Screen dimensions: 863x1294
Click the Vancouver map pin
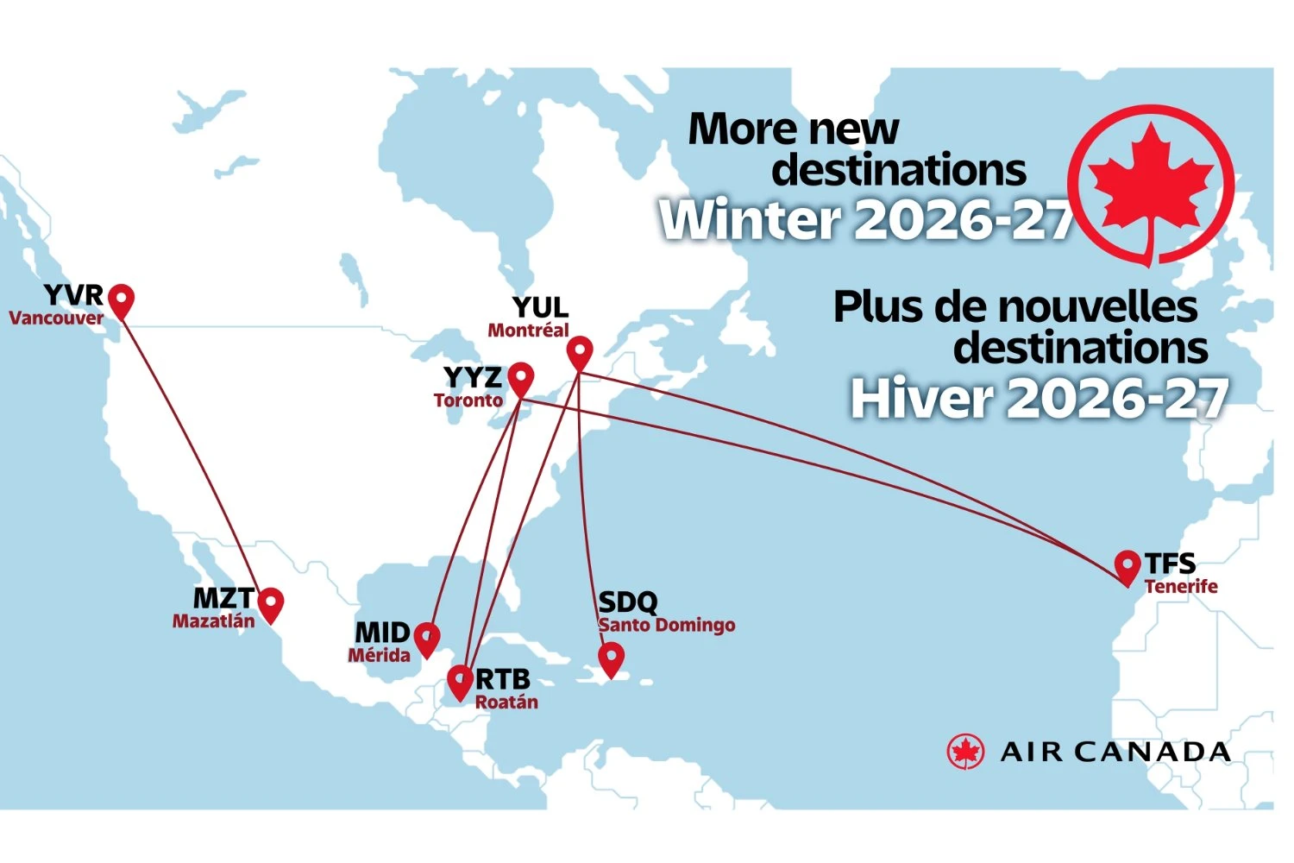[122, 299]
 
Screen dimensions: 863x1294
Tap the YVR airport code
[73, 295]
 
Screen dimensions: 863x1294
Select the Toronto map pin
[520, 378]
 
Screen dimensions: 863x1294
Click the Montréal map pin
[580, 351]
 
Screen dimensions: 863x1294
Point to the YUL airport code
[540, 307]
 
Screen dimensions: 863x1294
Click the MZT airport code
[223, 598]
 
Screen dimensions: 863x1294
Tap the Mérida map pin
[427, 638]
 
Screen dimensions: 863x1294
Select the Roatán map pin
[461, 681]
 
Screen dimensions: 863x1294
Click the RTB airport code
[503, 679]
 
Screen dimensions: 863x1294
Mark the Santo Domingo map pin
[612, 658]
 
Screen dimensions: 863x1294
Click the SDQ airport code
[628, 602]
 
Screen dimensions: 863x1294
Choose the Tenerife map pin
[1127, 565]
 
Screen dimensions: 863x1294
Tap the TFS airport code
[1170, 564]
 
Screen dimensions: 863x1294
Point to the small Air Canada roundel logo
[965, 752]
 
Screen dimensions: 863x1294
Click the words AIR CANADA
[1115, 753]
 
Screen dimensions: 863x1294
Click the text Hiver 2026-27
[1040, 399]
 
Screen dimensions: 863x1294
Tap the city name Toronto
[468, 400]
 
